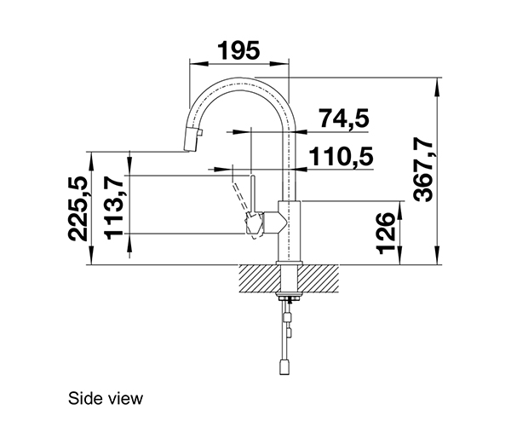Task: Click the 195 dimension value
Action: pyautogui.click(x=238, y=51)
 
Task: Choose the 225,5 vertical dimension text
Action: pyautogui.click(x=78, y=208)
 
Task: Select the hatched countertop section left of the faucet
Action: pyautogui.click(x=259, y=277)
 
